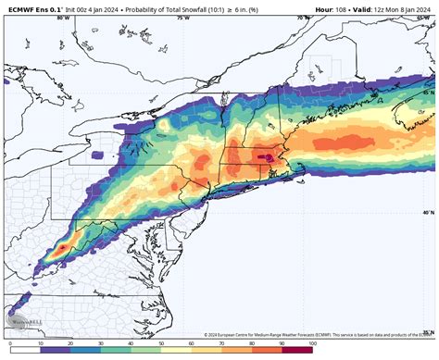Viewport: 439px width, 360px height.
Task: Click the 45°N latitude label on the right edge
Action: point(427,93)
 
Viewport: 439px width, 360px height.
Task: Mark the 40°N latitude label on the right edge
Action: point(427,211)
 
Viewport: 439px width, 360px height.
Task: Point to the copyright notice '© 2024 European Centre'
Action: point(241,335)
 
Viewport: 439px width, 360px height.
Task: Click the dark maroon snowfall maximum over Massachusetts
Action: point(270,158)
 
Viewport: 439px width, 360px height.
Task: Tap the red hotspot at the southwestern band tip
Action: point(60,247)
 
